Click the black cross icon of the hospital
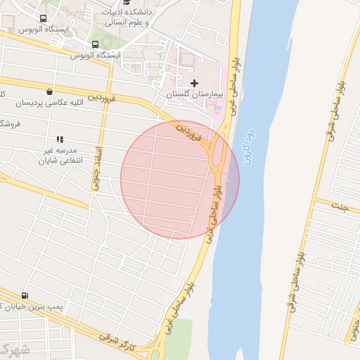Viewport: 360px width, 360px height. pos(195,83)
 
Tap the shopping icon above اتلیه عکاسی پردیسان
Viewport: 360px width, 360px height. pos(49,91)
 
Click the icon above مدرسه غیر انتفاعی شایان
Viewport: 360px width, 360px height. pos(60,139)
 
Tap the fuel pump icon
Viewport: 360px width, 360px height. pos(26,296)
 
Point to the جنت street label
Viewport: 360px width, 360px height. pos(342,208)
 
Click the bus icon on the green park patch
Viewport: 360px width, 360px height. pos(95,44)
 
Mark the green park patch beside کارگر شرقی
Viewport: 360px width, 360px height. pos(181,333)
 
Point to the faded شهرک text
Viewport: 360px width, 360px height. pos(14,349)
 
